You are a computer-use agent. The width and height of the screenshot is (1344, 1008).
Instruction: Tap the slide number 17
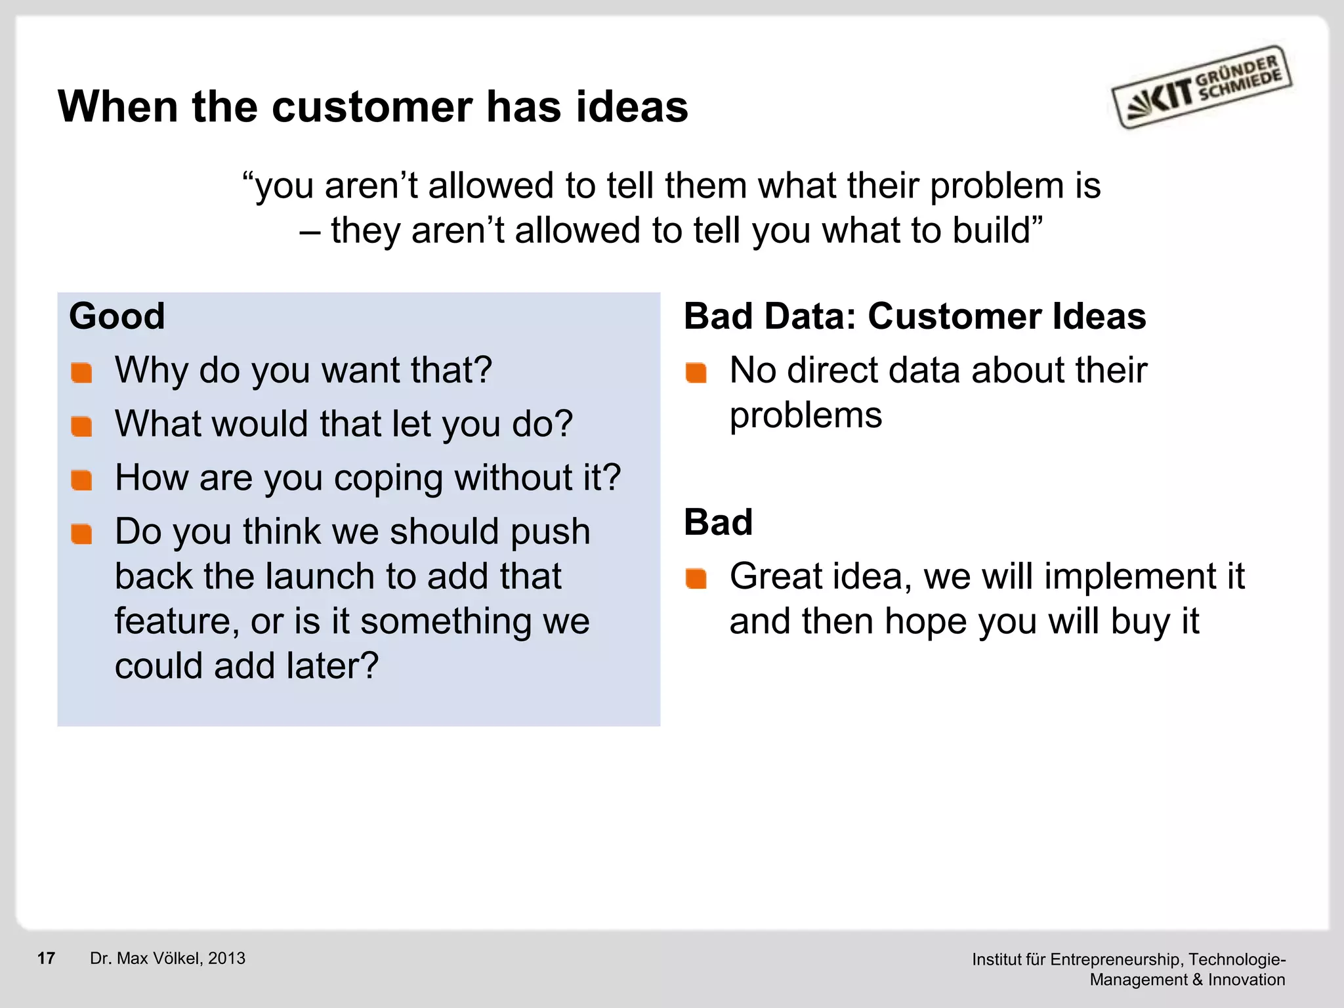pos(46,958)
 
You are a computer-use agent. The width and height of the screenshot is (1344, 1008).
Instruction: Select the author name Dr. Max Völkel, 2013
pos(167,958)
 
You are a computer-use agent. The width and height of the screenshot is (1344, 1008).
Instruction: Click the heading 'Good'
pos(117,316)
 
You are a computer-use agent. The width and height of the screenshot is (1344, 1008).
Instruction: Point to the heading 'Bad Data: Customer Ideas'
pos(915,316)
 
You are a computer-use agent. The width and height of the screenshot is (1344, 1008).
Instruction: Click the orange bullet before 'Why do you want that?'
pos(82,373)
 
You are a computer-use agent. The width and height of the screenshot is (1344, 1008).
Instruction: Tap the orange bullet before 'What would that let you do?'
pos(82,427)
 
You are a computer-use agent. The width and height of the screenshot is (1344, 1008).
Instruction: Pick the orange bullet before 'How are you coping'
pos(82,480)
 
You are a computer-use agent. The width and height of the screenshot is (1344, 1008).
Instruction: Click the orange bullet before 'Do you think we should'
pos(82,534)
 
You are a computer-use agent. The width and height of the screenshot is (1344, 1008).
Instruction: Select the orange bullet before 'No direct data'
pos(696,373)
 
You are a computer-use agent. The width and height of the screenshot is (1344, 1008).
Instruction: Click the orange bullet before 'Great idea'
pos(696,579)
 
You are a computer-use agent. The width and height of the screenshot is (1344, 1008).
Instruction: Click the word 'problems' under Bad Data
pos(806,416)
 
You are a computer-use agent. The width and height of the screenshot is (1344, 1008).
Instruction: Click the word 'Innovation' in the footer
pos(1246,980)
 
